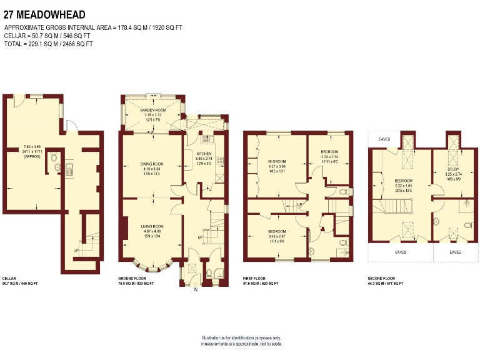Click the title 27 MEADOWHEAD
(x=45, y=14)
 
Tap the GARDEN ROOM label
(x=152, y=109)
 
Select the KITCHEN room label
(x=204, y=154)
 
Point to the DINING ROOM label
(x=151, y=164)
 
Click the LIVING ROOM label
(x=152, y=226)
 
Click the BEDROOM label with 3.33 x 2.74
(x=329, y=152)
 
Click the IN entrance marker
(x=196, y=289)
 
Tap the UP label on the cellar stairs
(x=76, y=250)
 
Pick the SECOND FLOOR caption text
(x=382, y=278)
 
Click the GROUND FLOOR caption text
(x=132, y=278)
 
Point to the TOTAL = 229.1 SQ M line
(x=48, y=44)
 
